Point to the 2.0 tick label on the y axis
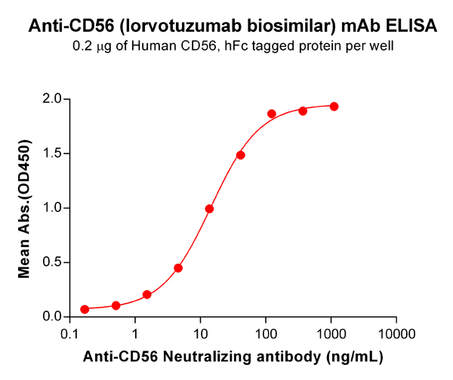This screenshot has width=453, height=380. click(52, 99)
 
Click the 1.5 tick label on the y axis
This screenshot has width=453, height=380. click(52, 153)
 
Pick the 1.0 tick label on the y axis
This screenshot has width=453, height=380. click(52, 208)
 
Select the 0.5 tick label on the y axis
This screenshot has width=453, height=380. click(52, 263)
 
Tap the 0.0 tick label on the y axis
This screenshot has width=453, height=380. click(52, 317)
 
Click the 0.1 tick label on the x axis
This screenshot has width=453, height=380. click(70, 333)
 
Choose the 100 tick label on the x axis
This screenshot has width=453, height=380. click(266, 333)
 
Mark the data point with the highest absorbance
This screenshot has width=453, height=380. click(334, 107)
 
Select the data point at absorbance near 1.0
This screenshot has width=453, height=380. click(209, 209)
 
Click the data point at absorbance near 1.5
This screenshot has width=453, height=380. click(241, 155)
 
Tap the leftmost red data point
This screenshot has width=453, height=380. click(85, 309)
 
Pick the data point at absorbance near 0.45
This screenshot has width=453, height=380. click(178, 267)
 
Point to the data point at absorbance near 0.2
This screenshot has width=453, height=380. click(146, 295)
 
